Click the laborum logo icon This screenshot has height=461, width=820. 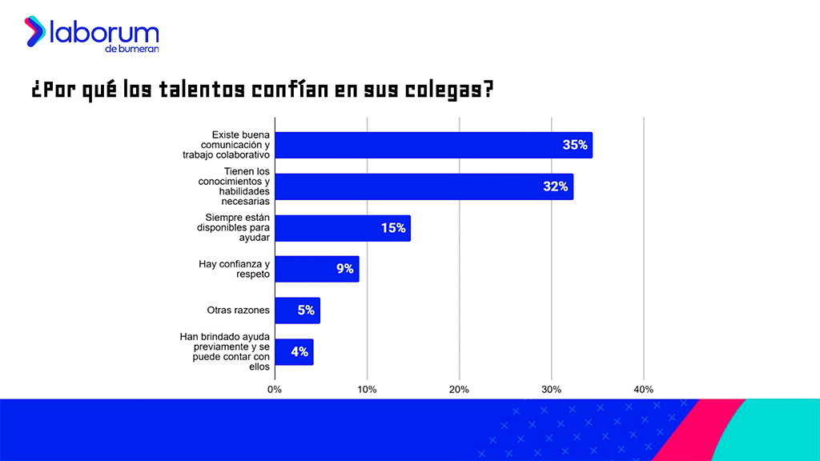click(34, 32)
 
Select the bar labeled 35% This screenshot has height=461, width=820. click(433, 145)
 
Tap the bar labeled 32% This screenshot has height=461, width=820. click(424, 186)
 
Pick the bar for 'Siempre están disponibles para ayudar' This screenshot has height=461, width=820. click(343, 228)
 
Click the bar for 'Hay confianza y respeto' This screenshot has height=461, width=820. click(317, 269)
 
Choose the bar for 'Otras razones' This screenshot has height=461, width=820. click(297, 311)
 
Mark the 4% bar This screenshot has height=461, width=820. click(294, 352)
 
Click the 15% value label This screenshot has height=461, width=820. click(393, 228)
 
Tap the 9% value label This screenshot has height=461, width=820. click(345, 269)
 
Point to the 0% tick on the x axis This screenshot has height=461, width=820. click(275, 390)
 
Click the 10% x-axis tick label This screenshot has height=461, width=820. click(367, 390)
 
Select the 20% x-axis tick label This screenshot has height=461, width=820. click(459, 390)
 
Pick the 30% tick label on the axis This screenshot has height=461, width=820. click(551, 390)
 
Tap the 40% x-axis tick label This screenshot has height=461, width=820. click(643, 390)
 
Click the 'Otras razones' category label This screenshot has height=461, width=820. click(238, 311)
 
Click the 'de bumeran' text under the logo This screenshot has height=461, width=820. click(131, 49)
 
